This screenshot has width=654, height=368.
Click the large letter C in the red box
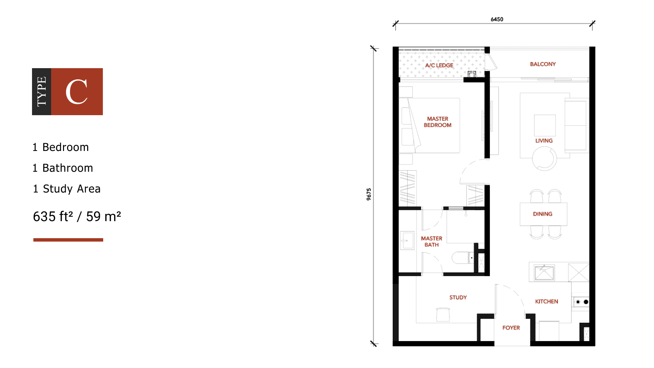(x=77, y=92)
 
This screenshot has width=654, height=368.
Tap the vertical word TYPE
(x=42, y=92)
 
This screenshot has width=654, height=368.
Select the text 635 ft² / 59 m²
(x=77, y=216)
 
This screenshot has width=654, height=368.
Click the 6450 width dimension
(x=497, y=19)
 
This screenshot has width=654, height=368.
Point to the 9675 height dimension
(x=369, y=194)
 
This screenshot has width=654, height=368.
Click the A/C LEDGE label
(x=439, y=65)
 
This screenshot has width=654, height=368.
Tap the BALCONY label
(x=543, y=64)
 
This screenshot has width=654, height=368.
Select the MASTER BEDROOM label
(x=438, y=122)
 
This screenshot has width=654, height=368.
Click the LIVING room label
(x=544, y=141)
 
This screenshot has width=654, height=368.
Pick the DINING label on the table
(x=543, y=214)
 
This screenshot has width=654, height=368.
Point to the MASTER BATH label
(x=432, y=242)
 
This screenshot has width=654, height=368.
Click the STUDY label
(x=458, y=297)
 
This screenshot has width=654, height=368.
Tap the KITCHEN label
(x=547, y=302)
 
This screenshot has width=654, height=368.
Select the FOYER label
(x=511, y=328)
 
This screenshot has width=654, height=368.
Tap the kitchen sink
(x=544, y=273)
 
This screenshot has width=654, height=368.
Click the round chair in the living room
(x=544, y=159)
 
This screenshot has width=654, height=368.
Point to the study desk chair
(x=443, y=315)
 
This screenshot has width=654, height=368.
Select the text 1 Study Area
(x=67, y=189)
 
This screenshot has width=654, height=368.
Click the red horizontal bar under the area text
(x=68, y=240)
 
